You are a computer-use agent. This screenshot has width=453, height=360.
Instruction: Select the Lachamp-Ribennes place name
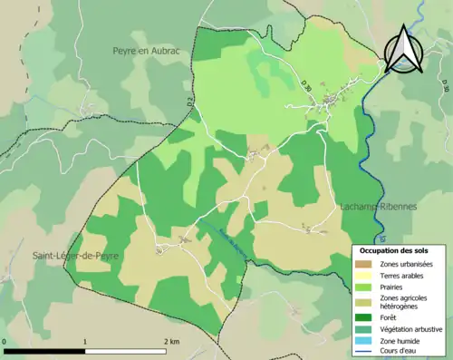pyautogui.click(x=379, y=207)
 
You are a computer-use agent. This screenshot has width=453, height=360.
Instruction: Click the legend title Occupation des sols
pyautogui.click(x=396, y=250)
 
